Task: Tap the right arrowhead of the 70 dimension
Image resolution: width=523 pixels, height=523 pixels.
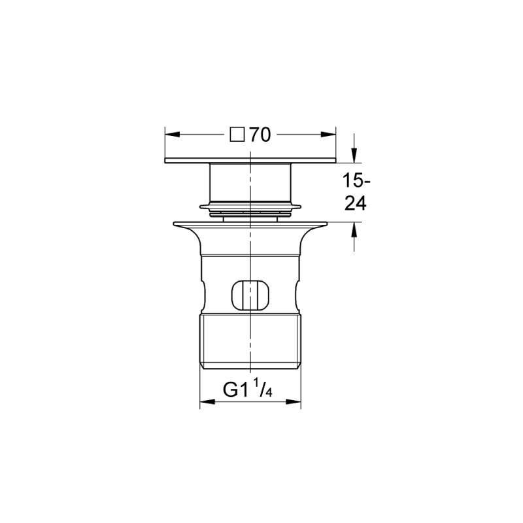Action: [329, 135]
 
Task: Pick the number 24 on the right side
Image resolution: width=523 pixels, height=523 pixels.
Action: [355, 203]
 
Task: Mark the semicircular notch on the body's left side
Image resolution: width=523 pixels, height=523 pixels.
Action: [204, 294]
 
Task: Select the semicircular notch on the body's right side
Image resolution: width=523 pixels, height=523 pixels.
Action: [297, 294]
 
